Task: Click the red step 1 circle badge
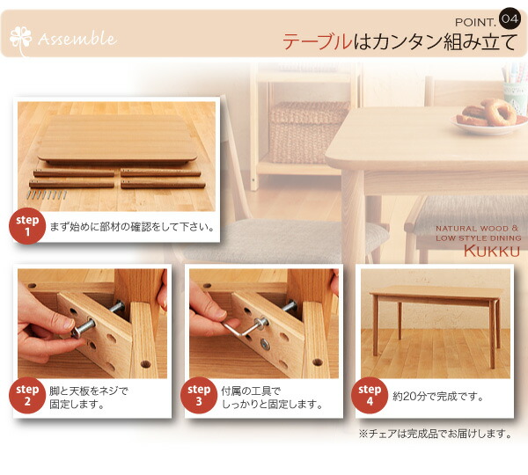click(27, 226)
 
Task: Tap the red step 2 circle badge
click(27, 396)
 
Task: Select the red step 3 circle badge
click(199, 396)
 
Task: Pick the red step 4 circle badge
click(370, 396)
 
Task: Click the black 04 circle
click(510, 18)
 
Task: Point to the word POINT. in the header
click(475, 22)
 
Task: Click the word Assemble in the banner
click(77, 39)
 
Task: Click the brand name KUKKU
click(492, 251)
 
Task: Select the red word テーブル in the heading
click(317, 41)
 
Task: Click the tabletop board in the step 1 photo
click(117, 140)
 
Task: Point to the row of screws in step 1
click(47, 194)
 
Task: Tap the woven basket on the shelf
click(307, 132)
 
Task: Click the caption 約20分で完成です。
click(438, 396)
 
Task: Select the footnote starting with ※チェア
click(436, 434)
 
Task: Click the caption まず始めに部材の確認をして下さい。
click(132, 227)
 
